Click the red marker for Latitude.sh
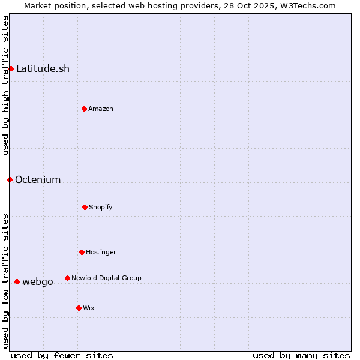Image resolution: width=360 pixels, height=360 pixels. click(x=11, y=68)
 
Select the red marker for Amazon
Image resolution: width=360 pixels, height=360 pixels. click(x=84, y=109)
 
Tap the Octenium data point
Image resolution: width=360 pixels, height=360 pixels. click(x=10, y=179)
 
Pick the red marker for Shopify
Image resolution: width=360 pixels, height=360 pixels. click(x=85, y=207)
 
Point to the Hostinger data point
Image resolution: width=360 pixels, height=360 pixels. click(x=82, y=252)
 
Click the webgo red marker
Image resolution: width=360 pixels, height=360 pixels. click(x=17, y=281)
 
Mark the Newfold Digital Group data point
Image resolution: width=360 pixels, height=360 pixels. click(x=67, y=278)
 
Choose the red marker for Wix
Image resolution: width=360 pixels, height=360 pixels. click(x=79, y=308)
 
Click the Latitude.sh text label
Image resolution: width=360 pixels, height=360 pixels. click(x=43, y=68)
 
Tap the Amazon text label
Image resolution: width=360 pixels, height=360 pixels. click(x=101, y=109)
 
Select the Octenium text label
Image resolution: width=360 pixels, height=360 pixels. click(x=38, y=179)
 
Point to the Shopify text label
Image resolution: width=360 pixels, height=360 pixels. click(x=101, y=207)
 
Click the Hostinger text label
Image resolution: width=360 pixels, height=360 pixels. click(x=101, y=252)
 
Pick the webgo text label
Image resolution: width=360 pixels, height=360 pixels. click(x=38, y=281)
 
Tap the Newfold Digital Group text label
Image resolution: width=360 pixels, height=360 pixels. click(x=106, y=278)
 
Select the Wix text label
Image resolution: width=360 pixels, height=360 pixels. click(x=89, y=308)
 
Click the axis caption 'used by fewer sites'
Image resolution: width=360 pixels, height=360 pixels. click(x=62, y=355)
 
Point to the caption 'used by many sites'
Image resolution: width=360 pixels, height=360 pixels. click(x=301, y=355)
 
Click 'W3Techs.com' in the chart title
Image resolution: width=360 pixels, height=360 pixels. click(x=306, y=5)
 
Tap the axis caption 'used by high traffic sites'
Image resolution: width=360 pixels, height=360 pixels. click(x=5, y=85)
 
